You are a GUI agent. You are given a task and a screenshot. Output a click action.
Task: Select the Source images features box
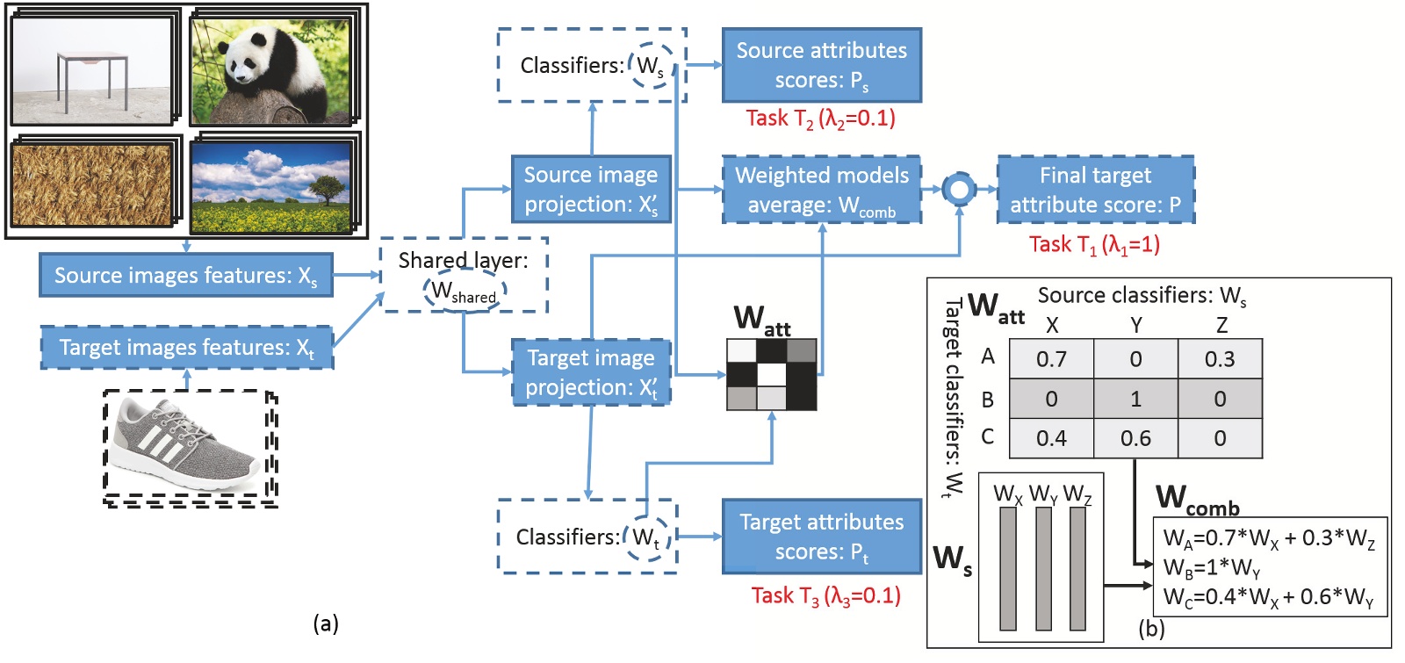tap(185, 276)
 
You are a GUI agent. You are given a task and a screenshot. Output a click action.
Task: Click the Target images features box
tap(186, 348)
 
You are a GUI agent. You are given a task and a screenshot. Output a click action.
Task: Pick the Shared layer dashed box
tap(463, 275)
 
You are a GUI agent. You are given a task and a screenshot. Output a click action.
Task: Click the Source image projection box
tap(591, 189)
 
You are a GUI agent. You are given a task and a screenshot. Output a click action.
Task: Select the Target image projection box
tap(591, 372)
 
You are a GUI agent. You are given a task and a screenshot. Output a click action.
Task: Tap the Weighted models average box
tap(821, 189)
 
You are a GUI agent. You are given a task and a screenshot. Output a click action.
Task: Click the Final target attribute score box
tap(1095, 189)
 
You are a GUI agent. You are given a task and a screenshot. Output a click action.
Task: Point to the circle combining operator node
tap(959, 189)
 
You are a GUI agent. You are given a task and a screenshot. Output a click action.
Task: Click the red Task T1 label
tap(1094, 244)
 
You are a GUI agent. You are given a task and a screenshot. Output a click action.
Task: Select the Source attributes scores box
tap(821, 65)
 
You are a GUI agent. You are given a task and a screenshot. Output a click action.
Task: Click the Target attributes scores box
tap(821, 537)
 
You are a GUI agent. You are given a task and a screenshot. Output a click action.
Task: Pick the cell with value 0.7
tap(1051, 359)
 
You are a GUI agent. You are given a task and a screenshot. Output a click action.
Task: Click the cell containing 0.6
tap(1135, 438)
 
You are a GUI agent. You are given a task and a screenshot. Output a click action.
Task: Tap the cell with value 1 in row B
tap(1135, 399)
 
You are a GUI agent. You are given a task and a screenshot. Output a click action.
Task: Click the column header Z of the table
tap(1221, 325)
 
